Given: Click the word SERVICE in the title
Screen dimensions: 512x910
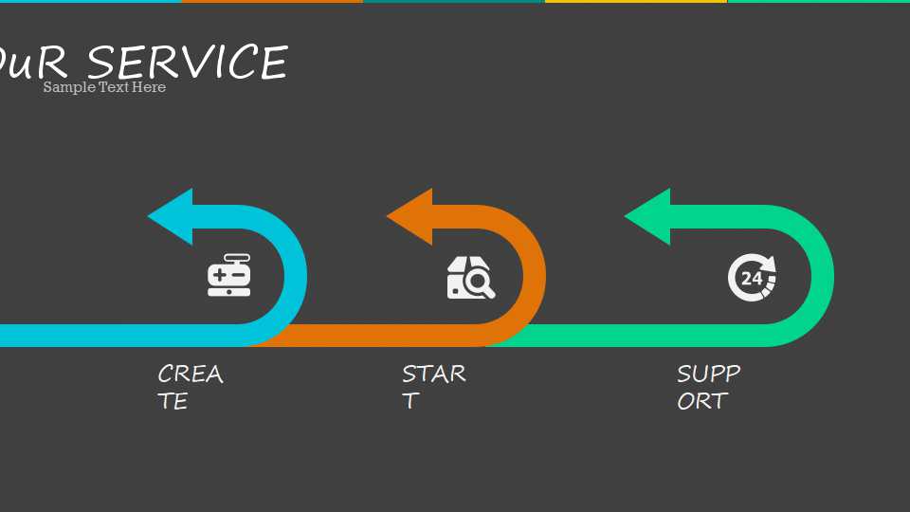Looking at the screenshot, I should [187, 63].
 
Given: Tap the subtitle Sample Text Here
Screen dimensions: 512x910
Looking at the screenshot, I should [104, 87].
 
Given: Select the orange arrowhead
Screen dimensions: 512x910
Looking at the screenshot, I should [408, 216].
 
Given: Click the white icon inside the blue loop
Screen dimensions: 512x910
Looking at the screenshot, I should [228, 276].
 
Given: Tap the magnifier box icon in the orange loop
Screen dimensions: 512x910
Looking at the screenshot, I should [471, 278].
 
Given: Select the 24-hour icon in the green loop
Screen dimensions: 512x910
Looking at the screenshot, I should [752, 277].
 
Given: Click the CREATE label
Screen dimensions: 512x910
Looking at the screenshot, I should [190, 387].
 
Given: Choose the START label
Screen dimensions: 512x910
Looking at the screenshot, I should [433, 387].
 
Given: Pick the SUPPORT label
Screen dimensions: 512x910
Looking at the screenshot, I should [708, 387].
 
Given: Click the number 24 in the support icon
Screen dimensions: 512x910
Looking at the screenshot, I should [751, 279].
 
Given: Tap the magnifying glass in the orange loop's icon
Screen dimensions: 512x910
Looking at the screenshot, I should [480, 282].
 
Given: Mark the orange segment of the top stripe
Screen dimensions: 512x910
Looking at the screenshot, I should [272, 1].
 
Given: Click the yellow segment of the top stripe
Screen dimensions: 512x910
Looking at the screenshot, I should [635, 1].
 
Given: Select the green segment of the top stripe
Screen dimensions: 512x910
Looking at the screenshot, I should [818, 1].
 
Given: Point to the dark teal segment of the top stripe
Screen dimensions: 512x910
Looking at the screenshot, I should [453, 1].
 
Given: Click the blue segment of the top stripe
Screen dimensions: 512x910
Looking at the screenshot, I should [90, 1].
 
